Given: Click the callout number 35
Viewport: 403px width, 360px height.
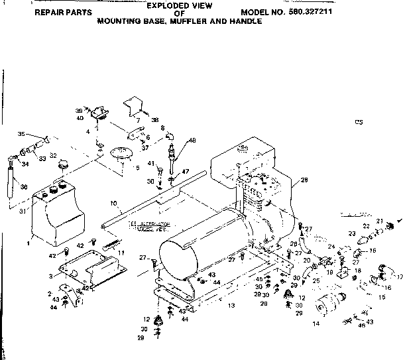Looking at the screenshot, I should coord(20,134).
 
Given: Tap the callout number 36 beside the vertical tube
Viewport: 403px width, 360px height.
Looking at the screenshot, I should coord(25,187).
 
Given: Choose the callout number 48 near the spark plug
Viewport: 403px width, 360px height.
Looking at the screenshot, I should coord(193,140).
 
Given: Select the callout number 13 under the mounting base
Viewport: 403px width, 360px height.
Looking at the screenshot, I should coord(231,305).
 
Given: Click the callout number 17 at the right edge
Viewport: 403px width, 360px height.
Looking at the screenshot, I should coord(399,277).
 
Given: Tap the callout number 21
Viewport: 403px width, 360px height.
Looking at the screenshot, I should coord(380,220).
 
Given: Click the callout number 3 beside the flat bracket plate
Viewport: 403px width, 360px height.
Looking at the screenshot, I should coord(50,276).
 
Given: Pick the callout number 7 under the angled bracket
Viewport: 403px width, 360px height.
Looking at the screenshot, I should coord(137,121).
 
